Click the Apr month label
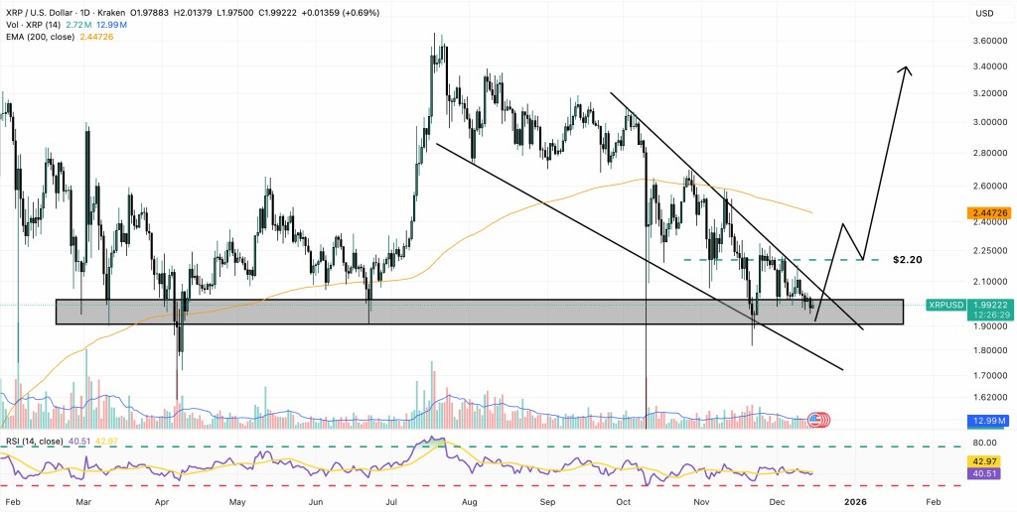coord(161,503)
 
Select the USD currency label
coord(985,14)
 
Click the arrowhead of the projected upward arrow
coord(905,68)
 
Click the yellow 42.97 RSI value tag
coord(984,461)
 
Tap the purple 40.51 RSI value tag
coord(984,473)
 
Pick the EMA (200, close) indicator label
coord(46,36)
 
